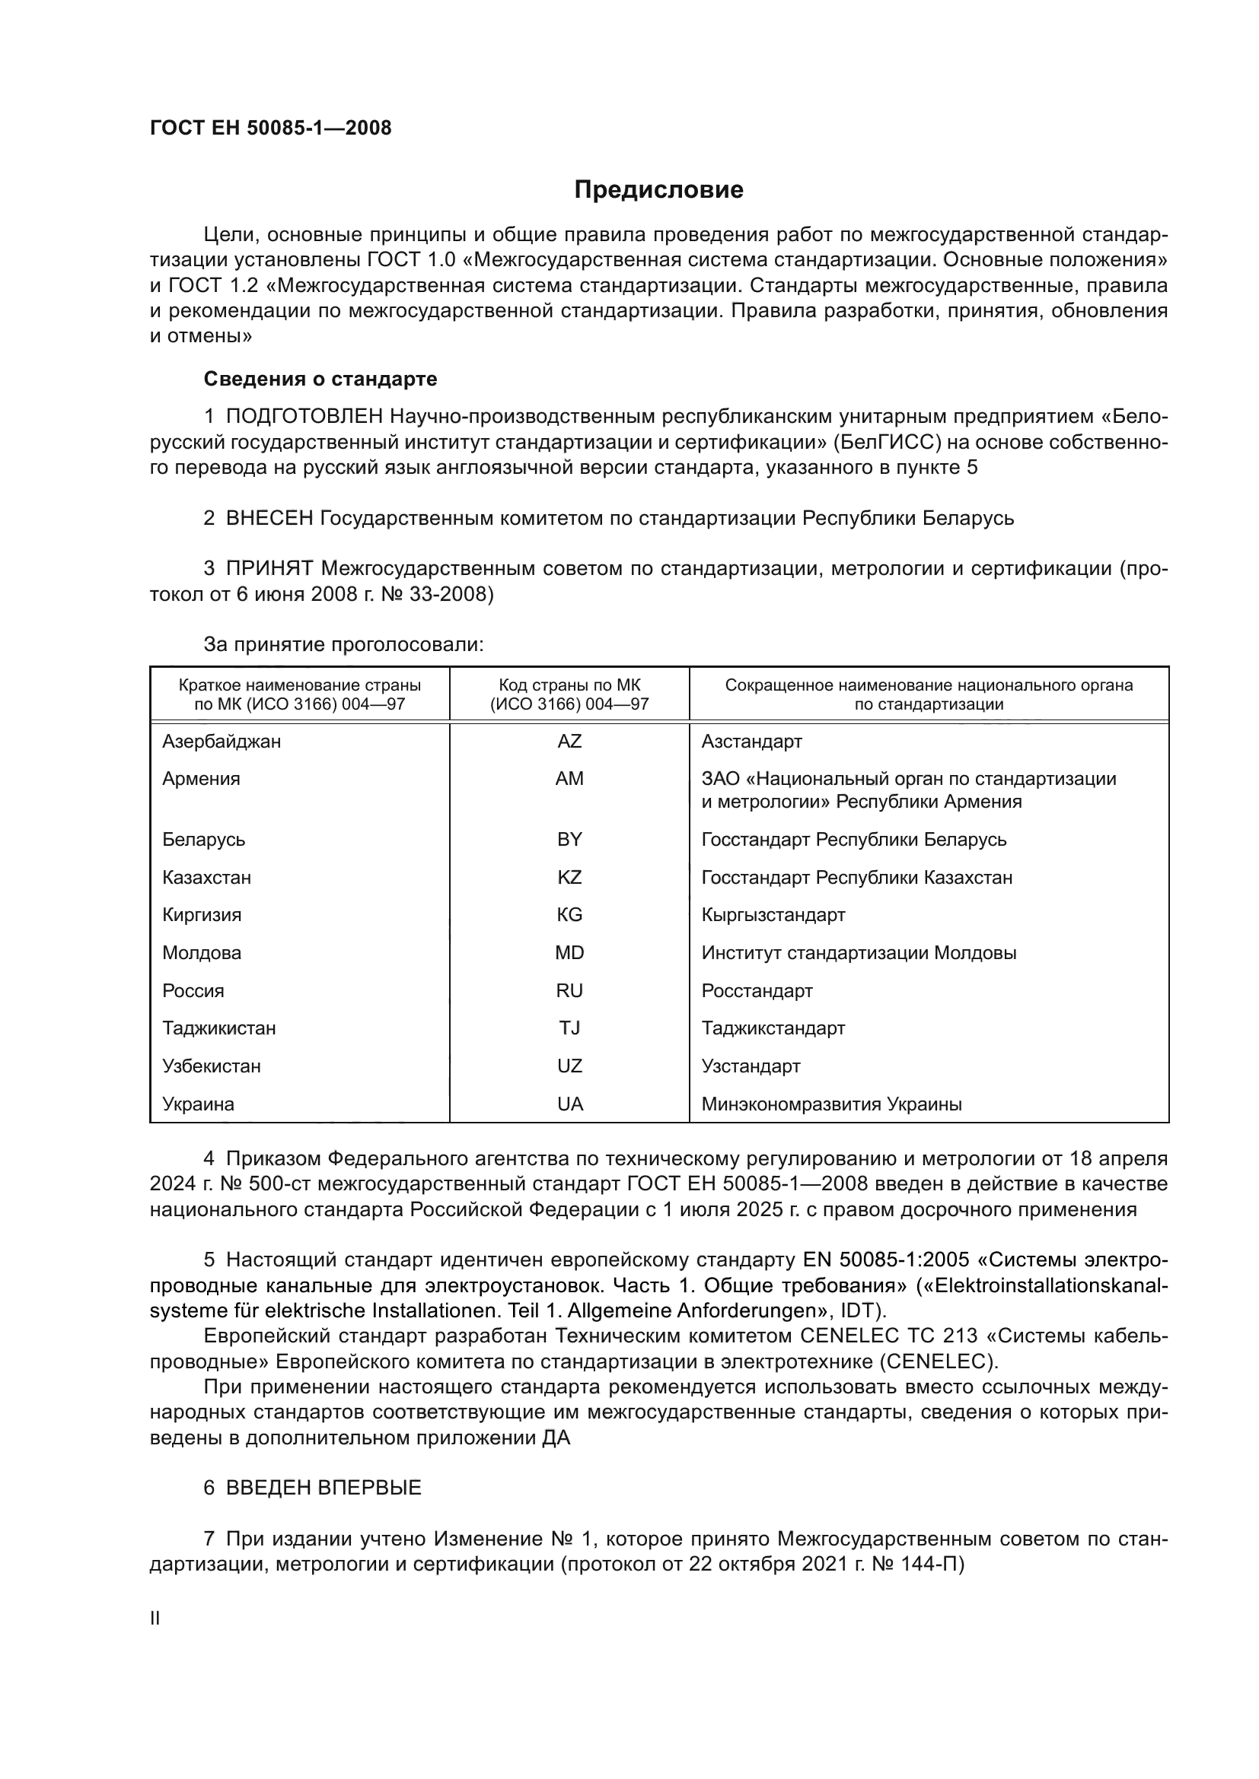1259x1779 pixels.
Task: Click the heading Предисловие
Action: click(x=658, y=190)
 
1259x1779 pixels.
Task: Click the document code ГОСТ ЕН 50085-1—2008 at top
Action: click(x=270, y=129)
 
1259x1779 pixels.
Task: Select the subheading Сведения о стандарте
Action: click(x=320, y=379)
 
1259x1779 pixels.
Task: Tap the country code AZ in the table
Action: click(x=569, y=742)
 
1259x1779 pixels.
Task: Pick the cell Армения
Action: click(x=201, y=779)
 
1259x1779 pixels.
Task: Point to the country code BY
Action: click(x=569, y=839)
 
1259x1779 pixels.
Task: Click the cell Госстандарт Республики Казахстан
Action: click(x=856, y=877)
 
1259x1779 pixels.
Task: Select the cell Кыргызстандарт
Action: click(x=773, y=915)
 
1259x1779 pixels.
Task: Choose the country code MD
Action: click(x=569, y=953)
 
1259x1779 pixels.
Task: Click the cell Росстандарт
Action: click(x=757, y=991)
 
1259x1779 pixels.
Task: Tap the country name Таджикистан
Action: click(x=218, y=1028)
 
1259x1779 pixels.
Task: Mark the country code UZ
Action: click(x=569, y=1066)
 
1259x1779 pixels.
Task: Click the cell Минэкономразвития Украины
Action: click(x=831, y=1104)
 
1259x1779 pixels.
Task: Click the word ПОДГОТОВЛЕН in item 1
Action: click(x=304, y=417)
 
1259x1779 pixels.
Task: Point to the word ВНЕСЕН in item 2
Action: click(x=269, y=518)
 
